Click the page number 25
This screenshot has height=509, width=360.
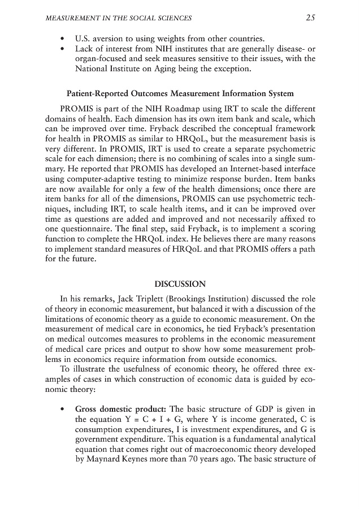click(x=310, y=18)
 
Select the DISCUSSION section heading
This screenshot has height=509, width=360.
click(x=180, y=283)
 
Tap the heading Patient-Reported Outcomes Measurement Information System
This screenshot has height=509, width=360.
click(x=180, y=93)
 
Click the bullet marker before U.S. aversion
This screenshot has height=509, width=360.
click(x=61, y=39)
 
